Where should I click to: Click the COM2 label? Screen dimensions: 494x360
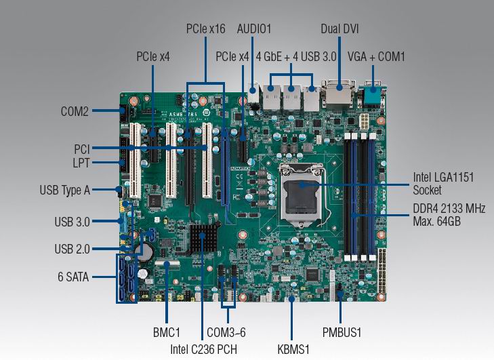tap(75, 111)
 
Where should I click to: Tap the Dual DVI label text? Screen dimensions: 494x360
tap(339, 29)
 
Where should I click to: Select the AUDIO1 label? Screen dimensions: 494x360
tap(254, 29)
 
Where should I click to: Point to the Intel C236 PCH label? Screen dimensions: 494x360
tap(203, 349)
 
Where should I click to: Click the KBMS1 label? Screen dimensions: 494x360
tap(293, 349)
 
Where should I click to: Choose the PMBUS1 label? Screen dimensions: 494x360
tap(342, 332)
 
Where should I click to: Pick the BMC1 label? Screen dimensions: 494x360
tap(167, 332)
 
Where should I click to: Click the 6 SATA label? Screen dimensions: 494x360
tap(73, 277)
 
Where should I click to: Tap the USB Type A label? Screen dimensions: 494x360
tap(65, 190)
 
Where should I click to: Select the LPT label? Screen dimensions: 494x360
tap(81, 163)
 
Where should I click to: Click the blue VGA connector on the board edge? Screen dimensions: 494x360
tap(373, 94)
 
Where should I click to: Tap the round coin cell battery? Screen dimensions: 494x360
tap(145, 252)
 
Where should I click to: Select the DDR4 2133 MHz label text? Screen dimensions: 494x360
tap(449, 208)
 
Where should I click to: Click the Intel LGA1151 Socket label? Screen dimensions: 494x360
tap(444, 184)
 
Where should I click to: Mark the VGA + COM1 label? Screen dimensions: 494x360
tap(376, 57)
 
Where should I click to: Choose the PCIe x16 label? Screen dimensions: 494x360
tap(206, 29)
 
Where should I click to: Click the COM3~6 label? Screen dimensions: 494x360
tap(226, 332)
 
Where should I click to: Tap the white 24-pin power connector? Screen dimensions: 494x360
tap(382, 271)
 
